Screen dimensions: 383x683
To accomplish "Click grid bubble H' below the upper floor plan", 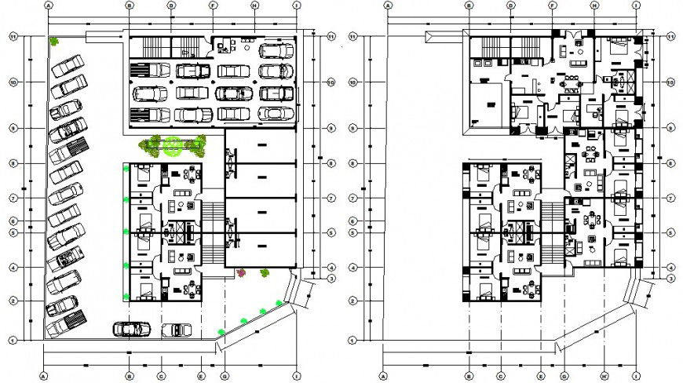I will click(604, 374).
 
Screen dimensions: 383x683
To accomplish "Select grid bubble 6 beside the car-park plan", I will click(13, 221).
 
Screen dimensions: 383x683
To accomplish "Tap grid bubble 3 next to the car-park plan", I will click(331, 279).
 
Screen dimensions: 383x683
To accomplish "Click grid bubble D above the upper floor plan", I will click(510, 5).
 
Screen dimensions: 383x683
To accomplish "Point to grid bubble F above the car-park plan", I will click(213, 5).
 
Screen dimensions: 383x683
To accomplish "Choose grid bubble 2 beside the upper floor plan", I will click(352, 301).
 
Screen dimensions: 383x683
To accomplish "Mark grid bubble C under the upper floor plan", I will click(499, 374).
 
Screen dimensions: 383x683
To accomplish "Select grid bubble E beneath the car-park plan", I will click(201, 374).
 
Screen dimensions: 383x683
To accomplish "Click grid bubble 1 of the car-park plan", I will click(13, 340).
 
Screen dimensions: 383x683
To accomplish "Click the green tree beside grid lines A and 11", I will click(54, 42).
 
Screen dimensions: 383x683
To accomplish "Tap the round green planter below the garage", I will click(173, 144).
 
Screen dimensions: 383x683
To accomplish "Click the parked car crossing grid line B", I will click(131, 329).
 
